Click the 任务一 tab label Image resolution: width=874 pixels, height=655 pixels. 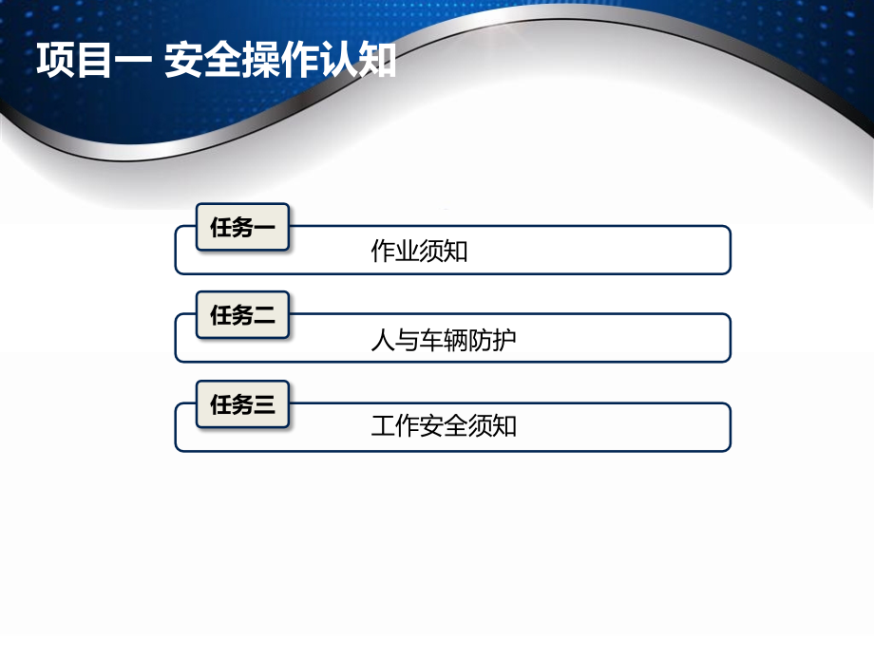(x=242, y=227)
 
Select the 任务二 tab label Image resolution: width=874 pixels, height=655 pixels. (x=242, y=315)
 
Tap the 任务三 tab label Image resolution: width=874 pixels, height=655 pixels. (x=242, y=405)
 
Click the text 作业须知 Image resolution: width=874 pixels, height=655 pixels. (x=419, y=253)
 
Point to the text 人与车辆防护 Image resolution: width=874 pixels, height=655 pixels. (x=444, y=340)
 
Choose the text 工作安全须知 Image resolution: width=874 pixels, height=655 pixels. (x=444, y=426)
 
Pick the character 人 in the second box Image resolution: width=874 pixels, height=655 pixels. (x=382, y=340)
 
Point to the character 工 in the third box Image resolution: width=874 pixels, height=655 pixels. (x=382, y=426)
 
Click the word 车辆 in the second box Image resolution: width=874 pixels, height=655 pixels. (x=444, y=340)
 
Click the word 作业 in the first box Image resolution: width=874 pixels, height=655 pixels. (x=394, y=253)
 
